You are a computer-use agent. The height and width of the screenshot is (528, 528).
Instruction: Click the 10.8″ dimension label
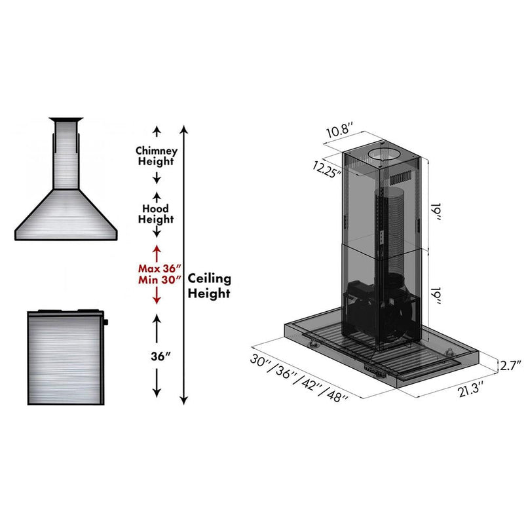pyautogui.click(x=340, y=129)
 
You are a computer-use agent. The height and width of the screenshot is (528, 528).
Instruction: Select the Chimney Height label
pyautogui.click(x=156, y=155)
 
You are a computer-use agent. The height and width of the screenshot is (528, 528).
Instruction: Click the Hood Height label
pyautogui.click(x=156, y=214)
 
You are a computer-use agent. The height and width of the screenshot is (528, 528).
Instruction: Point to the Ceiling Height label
pyautogui.click(x=210, y=286)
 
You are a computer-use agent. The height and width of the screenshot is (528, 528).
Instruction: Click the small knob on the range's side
pyautogui.click(x=105, y=322)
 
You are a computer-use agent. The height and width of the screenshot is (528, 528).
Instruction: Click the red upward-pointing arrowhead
pyautogui.click(x=157, y=250)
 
